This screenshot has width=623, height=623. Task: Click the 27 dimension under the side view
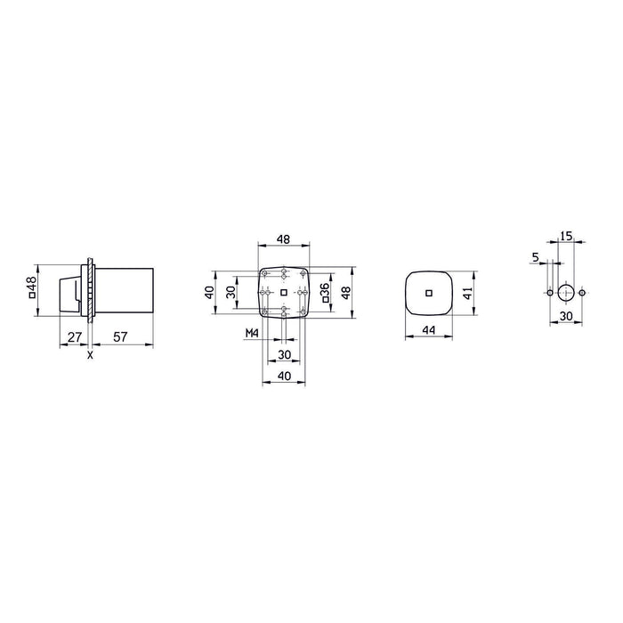[x=74, y=336]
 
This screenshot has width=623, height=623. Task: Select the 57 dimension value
[x=120, y=336]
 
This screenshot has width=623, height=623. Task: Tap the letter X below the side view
[x=90, y=355]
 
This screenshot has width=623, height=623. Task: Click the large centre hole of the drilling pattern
[x=566, y=292]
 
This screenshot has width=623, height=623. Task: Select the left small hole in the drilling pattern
[x=550, y=292]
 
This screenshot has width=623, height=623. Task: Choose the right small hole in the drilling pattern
[x=582, y=292]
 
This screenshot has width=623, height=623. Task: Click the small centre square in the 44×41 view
[x=428, y=292]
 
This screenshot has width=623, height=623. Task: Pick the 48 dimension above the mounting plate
[x=283, y=239]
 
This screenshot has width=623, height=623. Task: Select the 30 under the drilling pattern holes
[x=566, y=315]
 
